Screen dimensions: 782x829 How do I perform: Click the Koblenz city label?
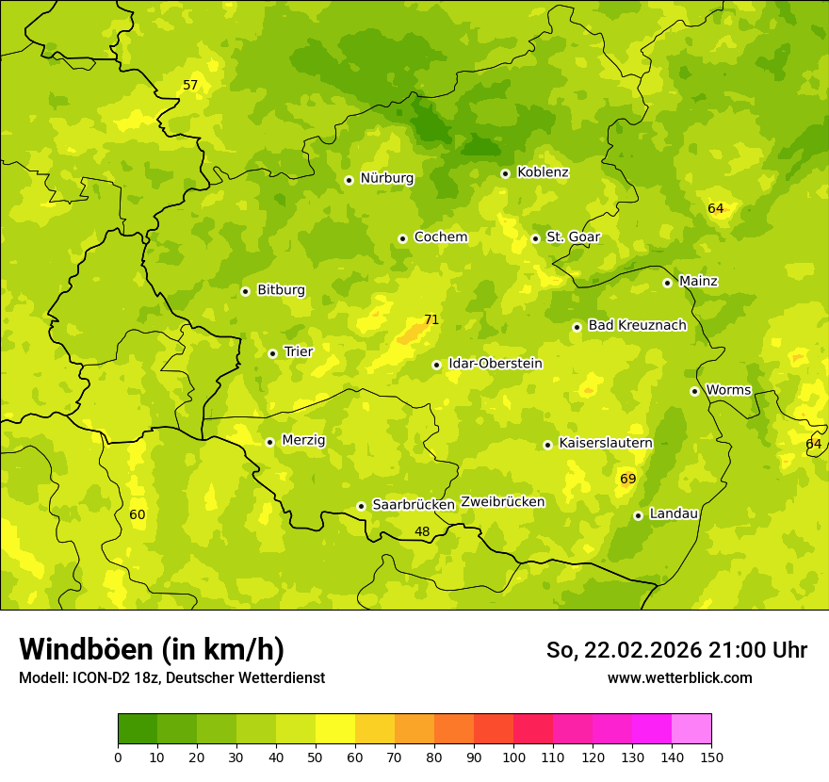(x=543, y=172)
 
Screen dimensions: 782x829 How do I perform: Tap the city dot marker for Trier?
(x=273, y=353)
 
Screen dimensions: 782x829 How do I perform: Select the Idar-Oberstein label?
(x=496, y=364)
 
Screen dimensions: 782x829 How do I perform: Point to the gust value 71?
(x=431, y=319)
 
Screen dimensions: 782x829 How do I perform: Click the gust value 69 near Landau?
(x=628, y=479)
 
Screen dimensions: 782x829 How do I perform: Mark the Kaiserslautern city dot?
(x=547, y=445)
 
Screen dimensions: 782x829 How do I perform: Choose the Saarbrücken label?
(x=414, y=505)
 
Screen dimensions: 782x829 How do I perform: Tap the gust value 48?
(x=422, y=531)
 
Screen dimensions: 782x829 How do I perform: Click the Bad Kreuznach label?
(x=637, y=325)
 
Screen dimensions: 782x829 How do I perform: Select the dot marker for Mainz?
(x=667, y=283)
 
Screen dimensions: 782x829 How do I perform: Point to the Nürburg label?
(x=386, y=178)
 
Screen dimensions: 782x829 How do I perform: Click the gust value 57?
(x=190, y=85)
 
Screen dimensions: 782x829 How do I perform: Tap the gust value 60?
(x=138, y=514)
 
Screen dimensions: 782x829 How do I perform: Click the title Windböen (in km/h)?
(x=152, y=649)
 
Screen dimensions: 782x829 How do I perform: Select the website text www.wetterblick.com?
(x=679, y=677)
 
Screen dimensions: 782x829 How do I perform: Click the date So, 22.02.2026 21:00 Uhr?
(x=676, y=650)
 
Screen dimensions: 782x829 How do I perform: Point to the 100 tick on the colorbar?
(x=513, y=756)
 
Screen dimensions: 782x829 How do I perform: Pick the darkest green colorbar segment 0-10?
(x=138, y=729)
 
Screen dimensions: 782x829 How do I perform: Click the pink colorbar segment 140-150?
(x=691, y=729)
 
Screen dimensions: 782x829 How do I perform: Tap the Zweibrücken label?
(x=502, y=502)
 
